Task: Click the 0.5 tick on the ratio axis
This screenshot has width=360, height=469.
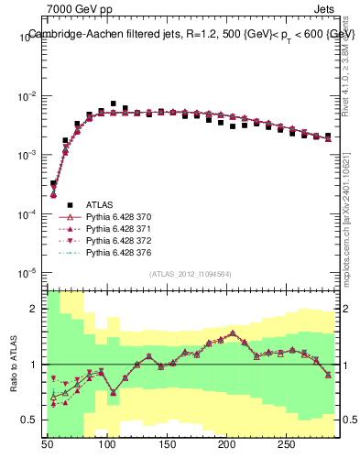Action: (x=33, y=420)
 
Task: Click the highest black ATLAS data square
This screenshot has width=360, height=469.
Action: (x=114, y=104)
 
